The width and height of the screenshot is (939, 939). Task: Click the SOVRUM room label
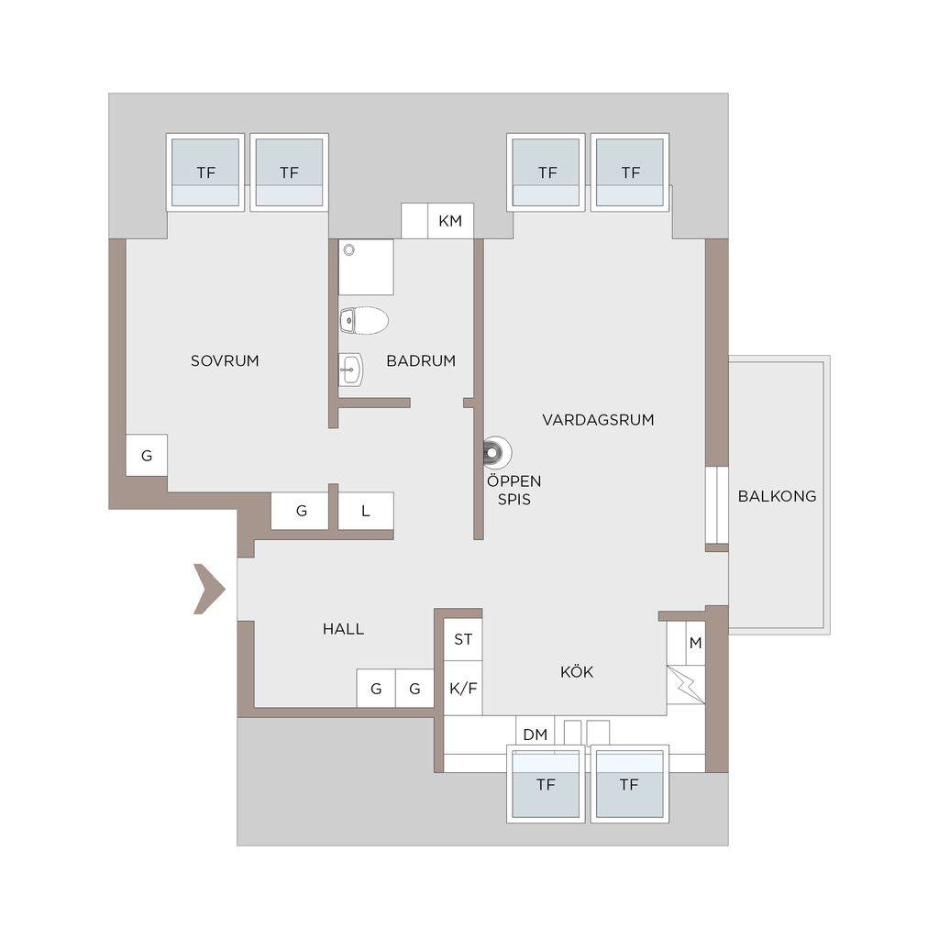225,360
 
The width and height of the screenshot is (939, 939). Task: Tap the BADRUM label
421,360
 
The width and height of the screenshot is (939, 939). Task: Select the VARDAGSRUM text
598,420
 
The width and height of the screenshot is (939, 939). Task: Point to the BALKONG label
777,496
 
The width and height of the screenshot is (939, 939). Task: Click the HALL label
343,629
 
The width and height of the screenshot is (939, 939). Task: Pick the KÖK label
577,671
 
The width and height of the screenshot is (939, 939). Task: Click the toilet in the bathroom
364,321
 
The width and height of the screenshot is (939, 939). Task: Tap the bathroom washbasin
351,370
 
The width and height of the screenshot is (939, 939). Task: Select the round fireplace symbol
496,453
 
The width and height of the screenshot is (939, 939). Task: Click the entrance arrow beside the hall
209,590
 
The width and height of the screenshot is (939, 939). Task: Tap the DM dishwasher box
535,735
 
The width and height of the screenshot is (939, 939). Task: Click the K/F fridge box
463,688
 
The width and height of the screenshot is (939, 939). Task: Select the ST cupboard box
463,639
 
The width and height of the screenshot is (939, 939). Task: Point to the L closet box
366,511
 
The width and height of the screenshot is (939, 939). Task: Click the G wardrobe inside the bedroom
147,455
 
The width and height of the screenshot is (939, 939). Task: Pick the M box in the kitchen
695,643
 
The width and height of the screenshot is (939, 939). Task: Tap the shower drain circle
348,249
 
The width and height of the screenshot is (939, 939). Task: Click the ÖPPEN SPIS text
514,490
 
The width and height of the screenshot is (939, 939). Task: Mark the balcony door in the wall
717,505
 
